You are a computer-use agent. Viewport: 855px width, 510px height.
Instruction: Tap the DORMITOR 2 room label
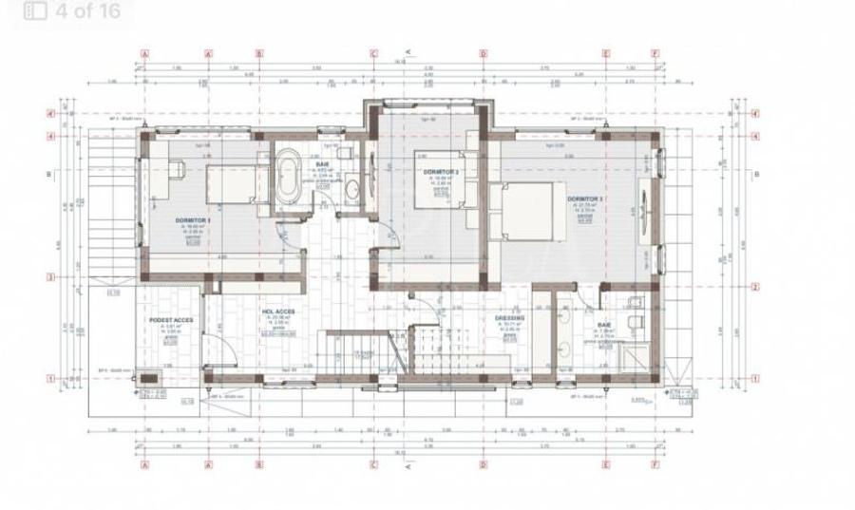coord(440,172)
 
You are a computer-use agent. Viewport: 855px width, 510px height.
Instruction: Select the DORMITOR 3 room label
coord(585,198)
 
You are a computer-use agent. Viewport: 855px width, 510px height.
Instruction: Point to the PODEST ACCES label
coord(172,320)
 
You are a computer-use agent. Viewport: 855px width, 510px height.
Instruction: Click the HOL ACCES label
coord(277,311)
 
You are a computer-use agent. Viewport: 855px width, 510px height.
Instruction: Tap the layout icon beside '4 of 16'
coord(37,11)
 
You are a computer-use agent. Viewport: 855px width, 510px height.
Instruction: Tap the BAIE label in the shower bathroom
coord(606,325)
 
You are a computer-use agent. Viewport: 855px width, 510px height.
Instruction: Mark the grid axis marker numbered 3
coord(75,278)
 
